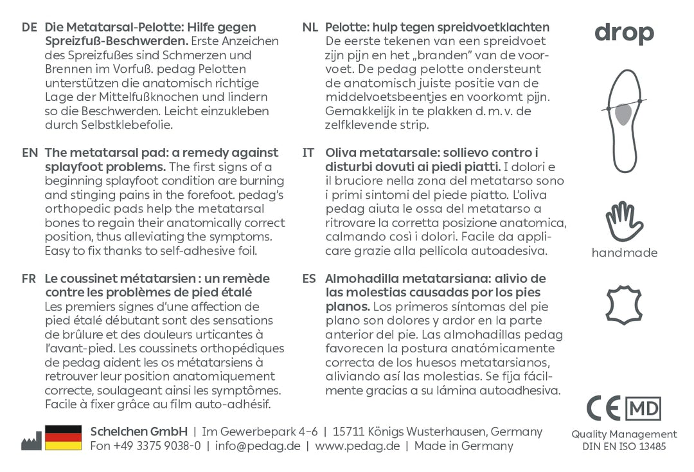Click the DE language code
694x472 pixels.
pos(29,28)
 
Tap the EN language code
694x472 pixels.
pos(30,153)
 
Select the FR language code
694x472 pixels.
pos(29,279)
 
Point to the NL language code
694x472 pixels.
pos(310,28)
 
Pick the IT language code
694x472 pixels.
pos(308,153)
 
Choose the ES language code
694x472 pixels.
pos(309,279)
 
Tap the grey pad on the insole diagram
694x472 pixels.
pos(623,114)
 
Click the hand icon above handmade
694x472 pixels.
pos(624,221)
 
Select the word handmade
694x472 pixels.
pos(624,253)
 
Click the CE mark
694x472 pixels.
pos(603,408)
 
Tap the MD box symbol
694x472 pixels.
pos(643,408)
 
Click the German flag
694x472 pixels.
pos(63,437)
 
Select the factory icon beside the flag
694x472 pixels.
pos(31,442)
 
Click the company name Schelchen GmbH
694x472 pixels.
pos(139,431)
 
